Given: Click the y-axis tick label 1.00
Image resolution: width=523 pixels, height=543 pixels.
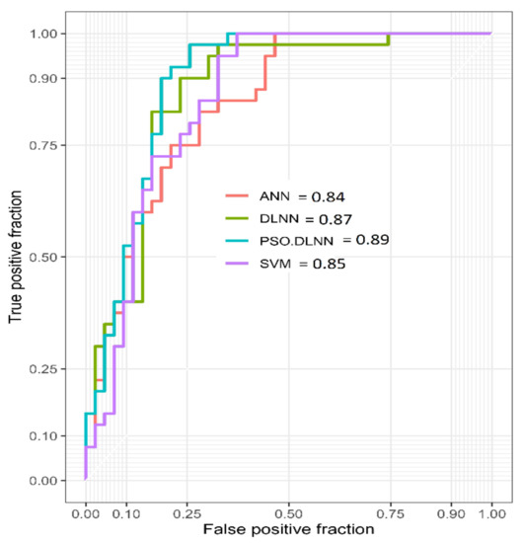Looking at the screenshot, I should pos(50,34).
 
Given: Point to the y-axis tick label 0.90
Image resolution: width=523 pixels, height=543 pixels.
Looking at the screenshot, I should pos(50,78).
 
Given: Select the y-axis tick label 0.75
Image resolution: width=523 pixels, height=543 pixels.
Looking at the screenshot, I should pos(50,145).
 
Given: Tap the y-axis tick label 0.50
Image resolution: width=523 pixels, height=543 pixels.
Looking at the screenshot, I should pos(50,257).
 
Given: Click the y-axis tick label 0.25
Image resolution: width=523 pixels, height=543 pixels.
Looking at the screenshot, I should pos(50,369).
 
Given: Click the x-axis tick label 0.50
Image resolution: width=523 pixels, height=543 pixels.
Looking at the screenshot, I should pos(288,514).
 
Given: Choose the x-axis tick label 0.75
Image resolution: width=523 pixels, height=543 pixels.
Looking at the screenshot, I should pos(390,514).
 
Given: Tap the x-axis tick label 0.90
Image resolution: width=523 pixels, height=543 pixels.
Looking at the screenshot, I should pos(451,514).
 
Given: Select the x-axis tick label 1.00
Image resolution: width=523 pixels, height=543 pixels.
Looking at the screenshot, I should pos(491,514).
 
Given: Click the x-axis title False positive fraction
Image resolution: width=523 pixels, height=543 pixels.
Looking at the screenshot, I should pos(288,531).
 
